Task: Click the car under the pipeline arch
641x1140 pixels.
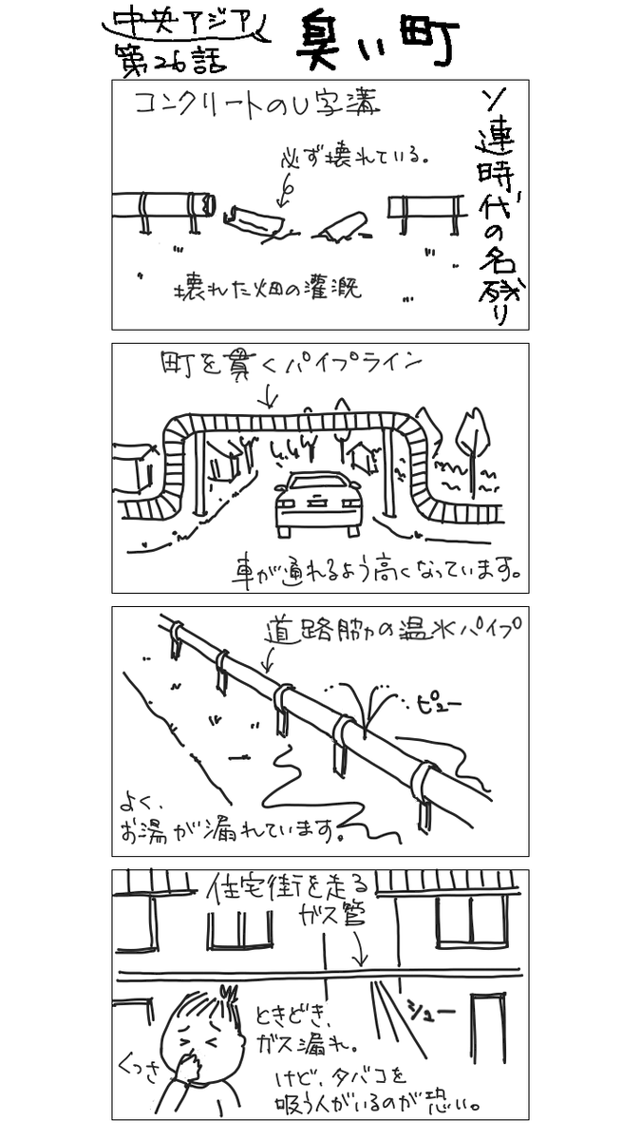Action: pyautogui.click(x=317, y=504)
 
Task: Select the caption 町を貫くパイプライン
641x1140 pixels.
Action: pyautogui.click(x=291, y=363)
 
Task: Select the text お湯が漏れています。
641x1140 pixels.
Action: pyautogui.click(x=228, y=831)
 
